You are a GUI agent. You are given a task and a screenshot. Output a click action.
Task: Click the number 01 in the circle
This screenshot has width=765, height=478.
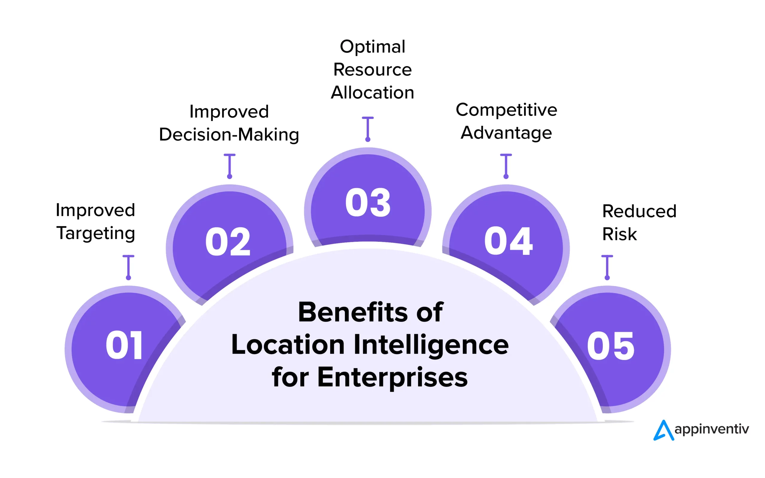point(124,345)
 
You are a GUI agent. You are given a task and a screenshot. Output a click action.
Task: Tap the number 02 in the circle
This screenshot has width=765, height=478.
point(228,242)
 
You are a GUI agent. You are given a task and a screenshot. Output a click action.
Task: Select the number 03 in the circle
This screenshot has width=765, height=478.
point(368,202)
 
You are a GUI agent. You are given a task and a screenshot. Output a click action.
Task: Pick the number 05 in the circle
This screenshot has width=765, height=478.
point(611,346)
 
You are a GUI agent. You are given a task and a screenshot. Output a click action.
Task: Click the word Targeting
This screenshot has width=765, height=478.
point(96,233)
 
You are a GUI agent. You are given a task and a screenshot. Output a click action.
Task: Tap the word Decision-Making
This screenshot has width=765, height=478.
point(229,135)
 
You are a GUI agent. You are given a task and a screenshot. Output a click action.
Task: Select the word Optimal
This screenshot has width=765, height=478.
point(373,47)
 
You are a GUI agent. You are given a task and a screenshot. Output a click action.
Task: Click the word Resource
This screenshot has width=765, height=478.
point(373,70)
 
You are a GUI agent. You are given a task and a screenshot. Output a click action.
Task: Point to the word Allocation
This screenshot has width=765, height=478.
point(373,93)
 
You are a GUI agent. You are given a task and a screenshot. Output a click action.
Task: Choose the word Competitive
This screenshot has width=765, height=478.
point(506,110)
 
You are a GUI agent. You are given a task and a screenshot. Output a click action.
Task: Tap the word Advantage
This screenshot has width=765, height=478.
point(506,133)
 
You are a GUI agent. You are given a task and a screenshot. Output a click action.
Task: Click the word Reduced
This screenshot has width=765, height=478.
point(639,211)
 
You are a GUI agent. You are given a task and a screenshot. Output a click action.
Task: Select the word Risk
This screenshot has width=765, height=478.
point(619,234)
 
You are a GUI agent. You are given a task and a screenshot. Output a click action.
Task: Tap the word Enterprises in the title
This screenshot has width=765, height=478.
point(392,377)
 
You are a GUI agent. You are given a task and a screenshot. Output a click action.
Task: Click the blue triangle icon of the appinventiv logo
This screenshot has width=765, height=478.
point(663,430)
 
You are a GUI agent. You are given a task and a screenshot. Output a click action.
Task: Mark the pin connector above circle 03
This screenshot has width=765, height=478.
point(368,129)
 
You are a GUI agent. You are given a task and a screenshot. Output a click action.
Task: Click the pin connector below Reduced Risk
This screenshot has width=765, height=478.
point(607,267)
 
